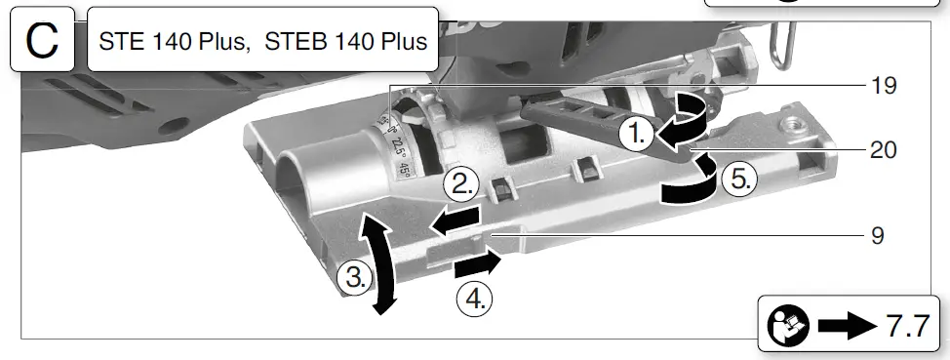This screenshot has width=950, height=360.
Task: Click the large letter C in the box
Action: (42, 41)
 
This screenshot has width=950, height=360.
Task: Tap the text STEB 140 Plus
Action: (346, 41)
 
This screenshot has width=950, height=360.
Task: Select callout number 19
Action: (884, 86)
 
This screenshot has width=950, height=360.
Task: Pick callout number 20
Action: (884, 149)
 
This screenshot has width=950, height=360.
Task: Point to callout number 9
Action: (878, 236)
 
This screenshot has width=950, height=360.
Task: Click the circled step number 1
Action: (637, 136)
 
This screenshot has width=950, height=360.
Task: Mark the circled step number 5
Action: (739, 179)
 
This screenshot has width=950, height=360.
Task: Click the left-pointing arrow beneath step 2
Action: (455, 220)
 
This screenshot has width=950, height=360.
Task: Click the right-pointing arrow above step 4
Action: (477, 264)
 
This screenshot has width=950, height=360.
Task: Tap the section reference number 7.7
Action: (908, 327)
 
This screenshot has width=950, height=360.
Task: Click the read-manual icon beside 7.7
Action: (788, 326)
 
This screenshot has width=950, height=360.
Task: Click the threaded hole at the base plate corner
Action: (792, 127)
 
